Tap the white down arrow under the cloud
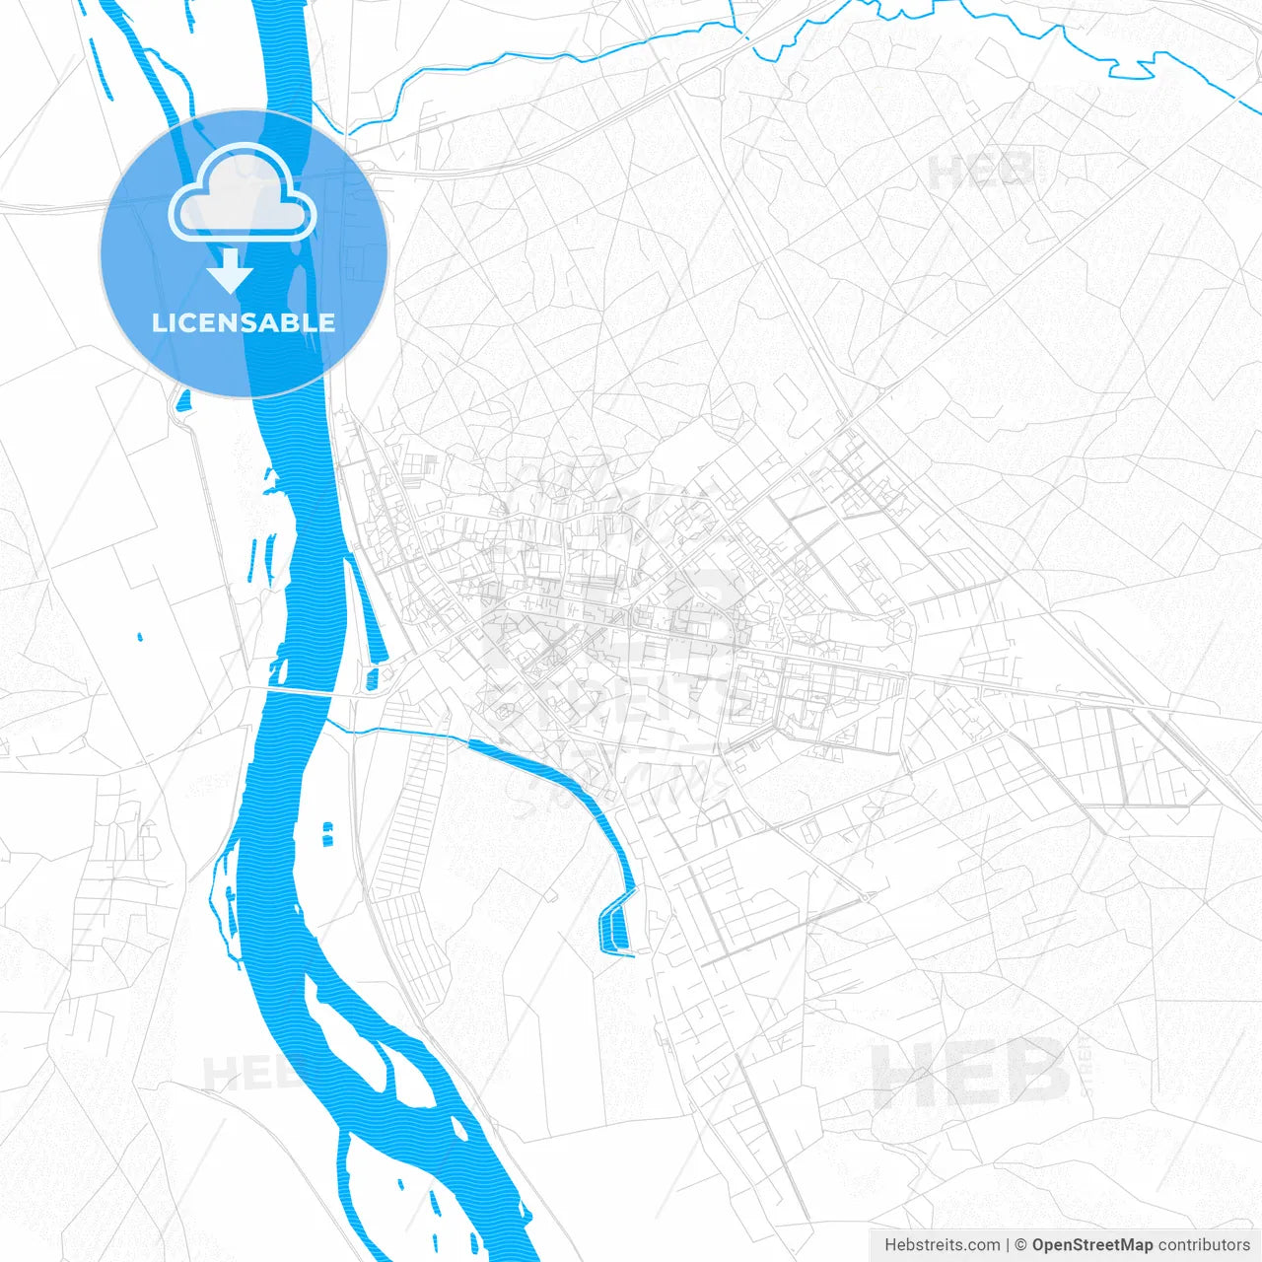click(231, 272)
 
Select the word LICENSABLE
click(244, 322)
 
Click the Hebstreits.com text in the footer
click(942, 1245)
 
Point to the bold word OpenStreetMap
click(1092, 1245)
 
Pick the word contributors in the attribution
click(1204, 1245)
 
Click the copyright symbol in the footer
click(1021, 1245)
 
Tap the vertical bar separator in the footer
click(1008, 1245)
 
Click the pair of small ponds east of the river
click(326, 834)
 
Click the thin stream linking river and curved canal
click(394, 731)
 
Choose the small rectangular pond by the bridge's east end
click(372, 678)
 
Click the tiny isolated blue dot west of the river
click(140, 637)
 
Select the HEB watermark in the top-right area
click(981, 171)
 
